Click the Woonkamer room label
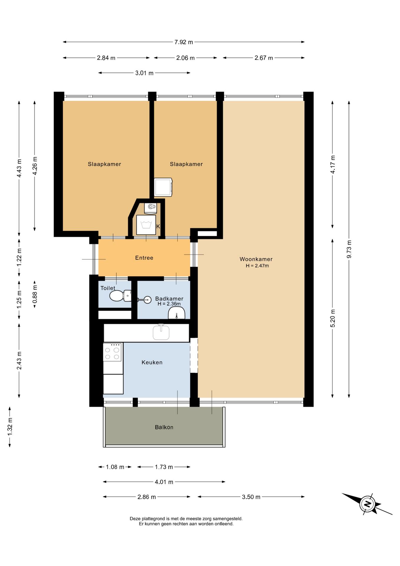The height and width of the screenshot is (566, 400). pos(256,259)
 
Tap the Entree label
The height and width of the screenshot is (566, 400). pos(144,258)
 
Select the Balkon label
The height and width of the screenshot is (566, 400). pos(164,427)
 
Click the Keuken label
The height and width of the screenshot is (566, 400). pos(152,362)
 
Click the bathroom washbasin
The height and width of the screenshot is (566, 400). pos(176,312)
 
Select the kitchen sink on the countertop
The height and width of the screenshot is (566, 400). pos(161,332)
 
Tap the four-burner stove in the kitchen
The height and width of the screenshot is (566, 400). pos(112,352)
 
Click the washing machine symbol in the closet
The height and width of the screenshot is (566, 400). pos(146,225)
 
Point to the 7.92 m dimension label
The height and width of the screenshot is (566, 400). pos(184,42)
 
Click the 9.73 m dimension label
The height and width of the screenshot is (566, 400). pos(349,249)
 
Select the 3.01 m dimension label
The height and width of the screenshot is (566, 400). pos(144,73)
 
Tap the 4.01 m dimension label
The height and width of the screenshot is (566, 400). pos(164,482)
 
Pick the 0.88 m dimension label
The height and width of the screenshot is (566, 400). pos(35,294)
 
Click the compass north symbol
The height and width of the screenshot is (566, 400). pos(367,504)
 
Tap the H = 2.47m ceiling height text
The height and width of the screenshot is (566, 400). pos(257,266)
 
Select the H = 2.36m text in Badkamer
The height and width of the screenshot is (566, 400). pos(169,304)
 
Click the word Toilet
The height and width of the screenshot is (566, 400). pos(108,288)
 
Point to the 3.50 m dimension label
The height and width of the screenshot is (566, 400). pos(251,497)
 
